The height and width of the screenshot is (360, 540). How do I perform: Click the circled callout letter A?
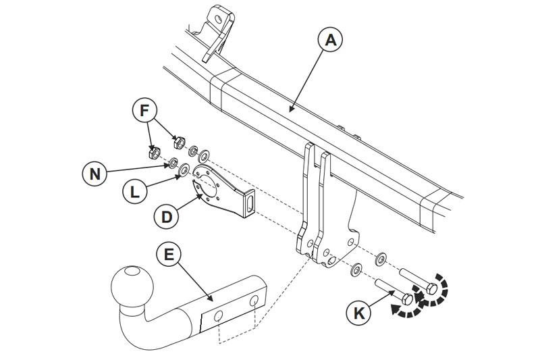tap(330, 40)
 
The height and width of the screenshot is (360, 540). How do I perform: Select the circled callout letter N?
tap(95, 174)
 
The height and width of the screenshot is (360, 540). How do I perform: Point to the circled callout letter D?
tap(166, 217)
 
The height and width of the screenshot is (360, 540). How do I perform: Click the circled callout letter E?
tap(169, 255)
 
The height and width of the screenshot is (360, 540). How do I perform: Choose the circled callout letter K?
tap(360, 313)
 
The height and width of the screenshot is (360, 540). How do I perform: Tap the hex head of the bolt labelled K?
tap(406, 299)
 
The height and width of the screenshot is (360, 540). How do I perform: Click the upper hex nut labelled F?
tap(179, 142)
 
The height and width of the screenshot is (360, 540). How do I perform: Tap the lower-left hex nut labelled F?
tap(154, 153)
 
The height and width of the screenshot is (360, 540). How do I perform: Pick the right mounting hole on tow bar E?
tap(257, 301)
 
